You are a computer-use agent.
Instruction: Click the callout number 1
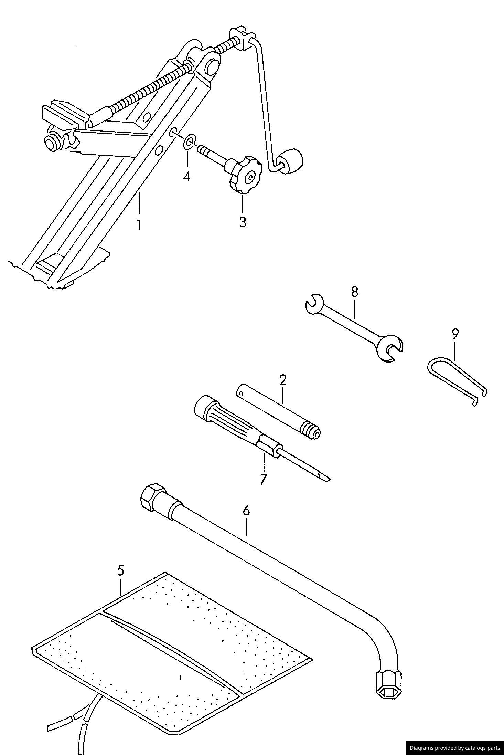tap(139, 225)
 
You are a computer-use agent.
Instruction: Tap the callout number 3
tap(243, 222)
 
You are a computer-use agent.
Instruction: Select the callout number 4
tap(186, 177)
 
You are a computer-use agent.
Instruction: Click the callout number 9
tap(455, 334)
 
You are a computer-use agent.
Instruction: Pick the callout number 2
tap(282, 380)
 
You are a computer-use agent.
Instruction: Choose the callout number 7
tap(263, 479)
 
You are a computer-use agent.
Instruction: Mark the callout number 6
tap(246, 511)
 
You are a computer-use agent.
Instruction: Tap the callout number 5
tap(120, 570)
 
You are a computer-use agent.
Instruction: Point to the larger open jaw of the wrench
tap(390, 348)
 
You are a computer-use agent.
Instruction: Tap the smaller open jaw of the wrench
tap(314, 303)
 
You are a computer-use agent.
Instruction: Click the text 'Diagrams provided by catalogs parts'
tap(455, 748)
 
